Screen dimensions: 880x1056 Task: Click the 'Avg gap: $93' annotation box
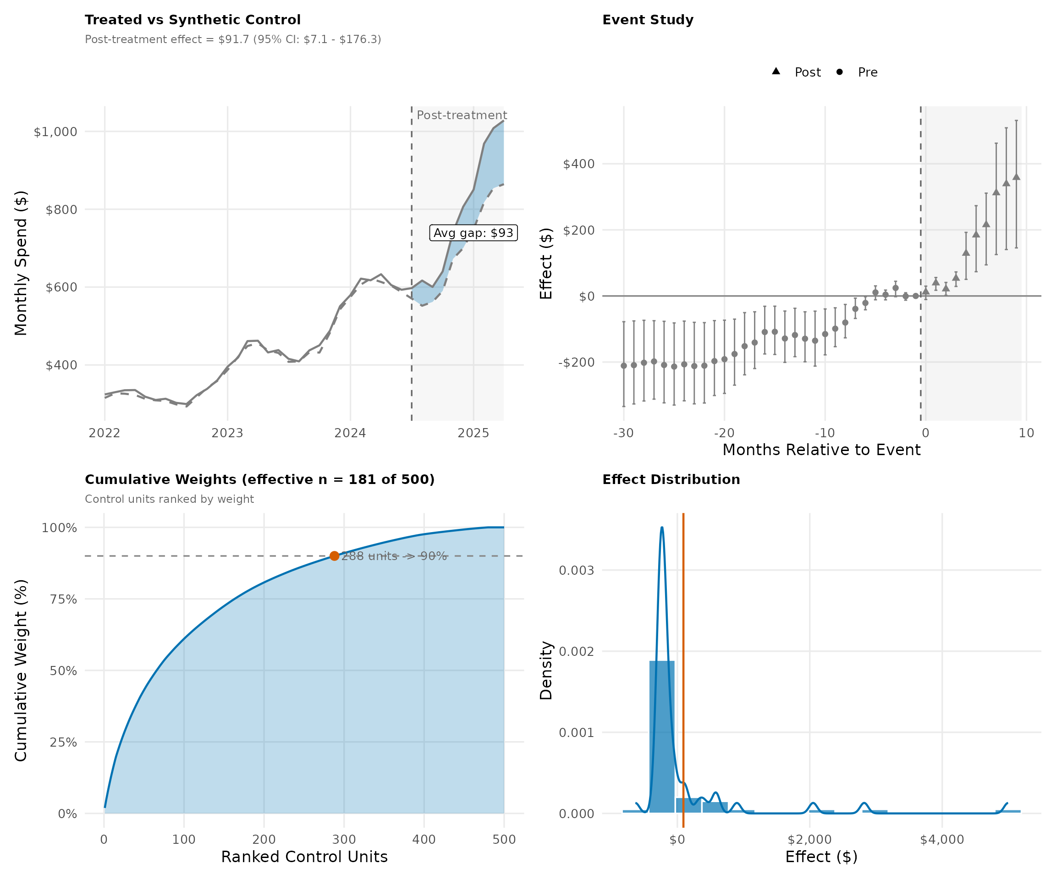tap(473, 233)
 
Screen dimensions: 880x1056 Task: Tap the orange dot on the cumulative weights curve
tap(335, 555)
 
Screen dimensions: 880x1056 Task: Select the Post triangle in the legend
tap(776, 71)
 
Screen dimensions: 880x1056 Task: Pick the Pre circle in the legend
tap(839, 72)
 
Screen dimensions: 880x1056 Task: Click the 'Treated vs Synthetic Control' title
tap(192, 20)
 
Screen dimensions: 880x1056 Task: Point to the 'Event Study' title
tap(648, 20)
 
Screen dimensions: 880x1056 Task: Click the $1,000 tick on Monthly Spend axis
tap(55, 132)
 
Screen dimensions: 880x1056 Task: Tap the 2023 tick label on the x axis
tap(227, 433)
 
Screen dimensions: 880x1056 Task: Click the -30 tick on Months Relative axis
tap(623, 433)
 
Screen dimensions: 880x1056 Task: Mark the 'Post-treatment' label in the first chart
tap(462, 115)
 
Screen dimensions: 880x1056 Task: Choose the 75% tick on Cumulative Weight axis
tap(63, 599)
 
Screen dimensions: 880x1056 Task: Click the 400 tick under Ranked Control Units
tap(424, 839)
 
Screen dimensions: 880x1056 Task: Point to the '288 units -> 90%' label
tap(394, 556)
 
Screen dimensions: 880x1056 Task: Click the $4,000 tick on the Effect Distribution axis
tap(942, 839)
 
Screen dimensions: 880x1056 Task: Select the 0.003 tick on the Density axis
tap(576, 570)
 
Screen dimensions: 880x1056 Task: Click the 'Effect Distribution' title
tap(671, 480)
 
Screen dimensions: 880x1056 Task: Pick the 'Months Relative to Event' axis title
tap(821, 450)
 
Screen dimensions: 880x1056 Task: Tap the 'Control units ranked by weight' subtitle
tap(170, 499)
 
